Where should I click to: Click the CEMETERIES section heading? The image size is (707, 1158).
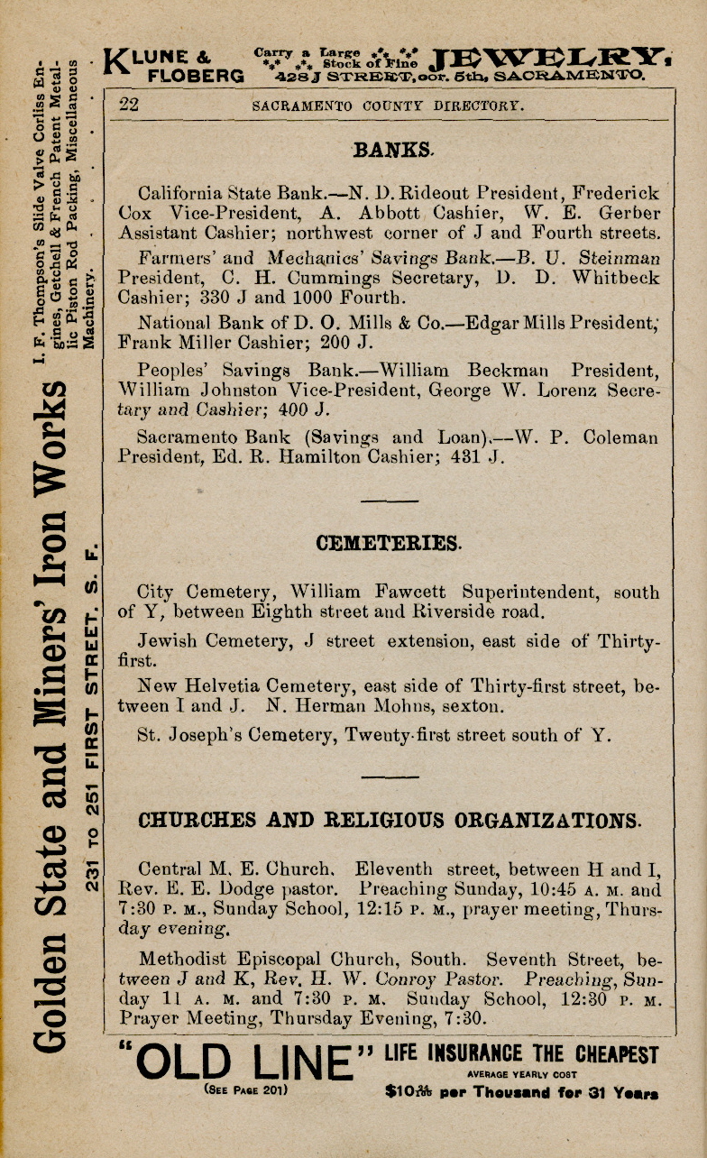click(x=389, y=543)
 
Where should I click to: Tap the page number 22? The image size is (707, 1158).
click(x=129, y=105)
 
